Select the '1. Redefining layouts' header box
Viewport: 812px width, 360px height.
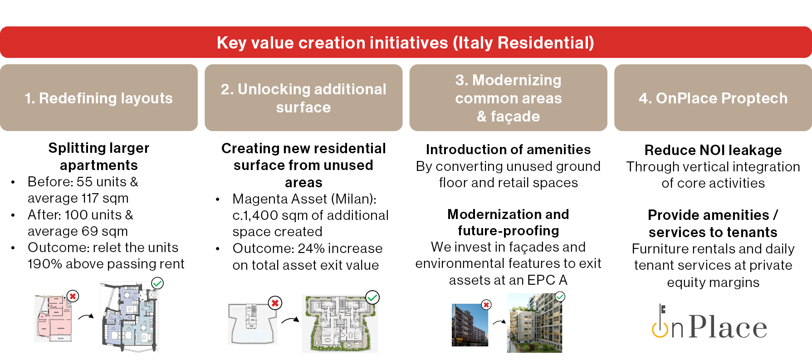(99, 97)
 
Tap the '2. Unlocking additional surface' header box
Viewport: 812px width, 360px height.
(303, 97)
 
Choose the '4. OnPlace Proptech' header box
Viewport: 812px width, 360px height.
(713, 97)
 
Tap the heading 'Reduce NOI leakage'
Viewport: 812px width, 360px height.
(713, 150)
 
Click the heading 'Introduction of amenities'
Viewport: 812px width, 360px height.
(508, 150)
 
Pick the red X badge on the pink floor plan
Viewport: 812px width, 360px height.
(73, 296)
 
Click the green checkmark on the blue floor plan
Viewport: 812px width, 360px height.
(157, 283)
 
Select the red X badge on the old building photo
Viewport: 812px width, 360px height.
(486, 305)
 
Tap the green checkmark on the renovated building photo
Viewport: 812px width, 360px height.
(560, 297)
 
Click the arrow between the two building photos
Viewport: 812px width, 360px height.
(499, 322)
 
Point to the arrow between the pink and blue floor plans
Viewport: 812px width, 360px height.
(86, 316)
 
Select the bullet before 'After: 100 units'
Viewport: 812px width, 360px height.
(13, 215)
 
